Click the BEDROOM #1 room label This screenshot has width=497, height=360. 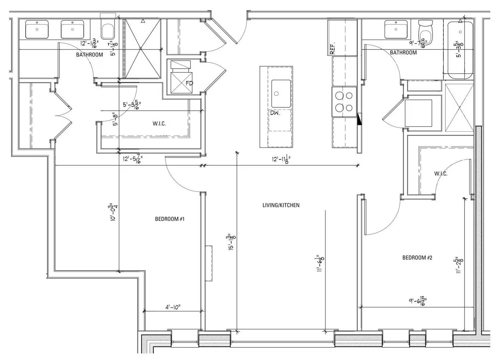click(169, 219)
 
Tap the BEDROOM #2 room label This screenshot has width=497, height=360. click(417, 258)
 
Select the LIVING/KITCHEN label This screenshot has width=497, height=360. click(281, 205)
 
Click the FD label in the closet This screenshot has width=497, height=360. click(189, 83)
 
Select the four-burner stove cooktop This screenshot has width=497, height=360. click(344, 102)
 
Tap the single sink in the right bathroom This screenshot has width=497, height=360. click(396, 29)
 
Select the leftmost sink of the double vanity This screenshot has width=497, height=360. click(37, 29)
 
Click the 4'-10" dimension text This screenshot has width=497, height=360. click(172, 307)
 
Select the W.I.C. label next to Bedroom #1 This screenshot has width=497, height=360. click(159, 124)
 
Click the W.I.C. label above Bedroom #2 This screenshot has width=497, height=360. click(441, 174)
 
